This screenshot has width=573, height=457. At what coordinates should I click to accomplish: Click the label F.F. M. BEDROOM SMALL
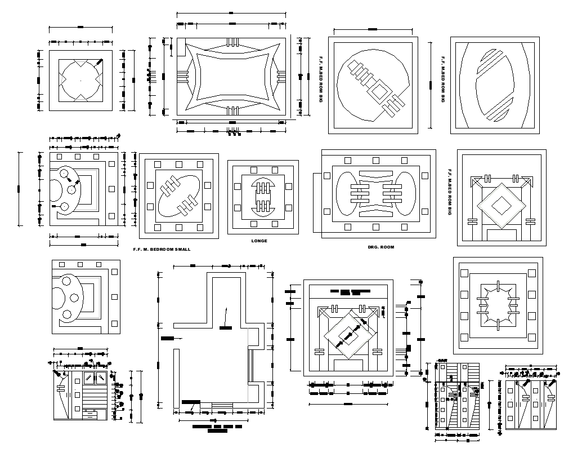(x=162, y=249)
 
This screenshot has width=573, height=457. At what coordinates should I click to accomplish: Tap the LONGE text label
(x=259, y=241)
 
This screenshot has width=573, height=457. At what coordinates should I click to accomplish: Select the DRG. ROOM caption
(x=380, y=247)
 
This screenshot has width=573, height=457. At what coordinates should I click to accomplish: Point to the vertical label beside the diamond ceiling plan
(x=449, y=192)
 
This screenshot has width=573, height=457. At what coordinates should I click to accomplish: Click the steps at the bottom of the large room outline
(x=221, y=406)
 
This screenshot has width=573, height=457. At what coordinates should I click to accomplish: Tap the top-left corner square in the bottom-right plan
(x=464, y=273)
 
